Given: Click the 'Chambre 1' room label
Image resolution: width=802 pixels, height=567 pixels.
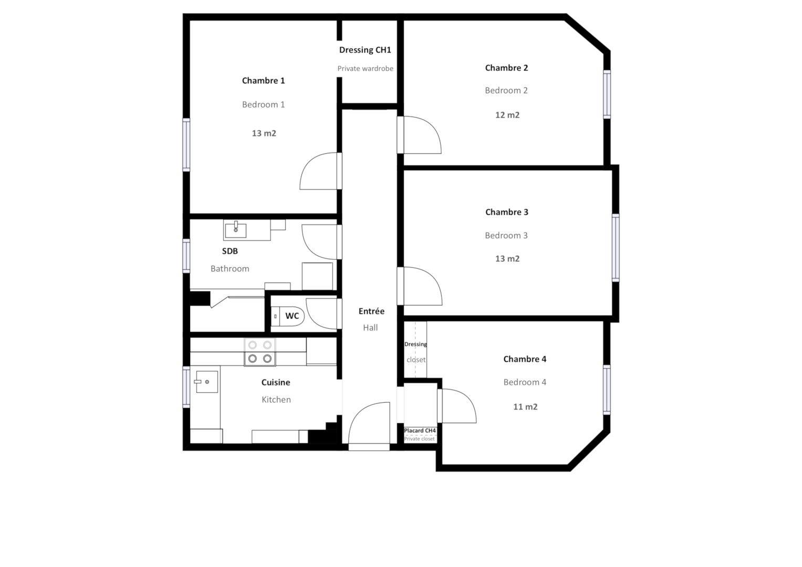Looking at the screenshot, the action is pos(263,80).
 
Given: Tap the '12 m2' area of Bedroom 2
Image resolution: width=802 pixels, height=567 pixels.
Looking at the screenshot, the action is pos(507,115).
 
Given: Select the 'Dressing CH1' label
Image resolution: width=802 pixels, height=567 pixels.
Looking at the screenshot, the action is pos(365,50).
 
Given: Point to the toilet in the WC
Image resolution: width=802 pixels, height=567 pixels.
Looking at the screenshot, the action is pos(287,316).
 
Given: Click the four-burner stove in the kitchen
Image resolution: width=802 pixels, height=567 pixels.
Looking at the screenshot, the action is pos(260,352).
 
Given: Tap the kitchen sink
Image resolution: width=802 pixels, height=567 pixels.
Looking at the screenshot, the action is pos(206,382).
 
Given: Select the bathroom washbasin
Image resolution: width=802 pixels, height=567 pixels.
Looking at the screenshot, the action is pos(235,230).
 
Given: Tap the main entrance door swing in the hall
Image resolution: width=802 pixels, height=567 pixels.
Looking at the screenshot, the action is pos(369,423).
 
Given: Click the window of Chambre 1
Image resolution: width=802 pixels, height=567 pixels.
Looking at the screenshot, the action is pos(186,144).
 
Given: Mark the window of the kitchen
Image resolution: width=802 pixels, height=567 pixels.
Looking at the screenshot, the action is pos(186,386).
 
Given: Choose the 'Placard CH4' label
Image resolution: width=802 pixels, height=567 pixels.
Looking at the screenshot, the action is pos(420,430).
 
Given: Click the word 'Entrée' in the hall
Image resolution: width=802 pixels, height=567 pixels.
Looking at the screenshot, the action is pos(371,311).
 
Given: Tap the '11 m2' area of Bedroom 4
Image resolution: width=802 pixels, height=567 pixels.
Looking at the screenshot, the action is pos(525,407).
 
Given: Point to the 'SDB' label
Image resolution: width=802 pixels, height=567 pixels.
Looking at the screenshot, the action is pos(230,251).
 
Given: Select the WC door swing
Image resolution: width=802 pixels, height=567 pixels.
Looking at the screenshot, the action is pos(321,313).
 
